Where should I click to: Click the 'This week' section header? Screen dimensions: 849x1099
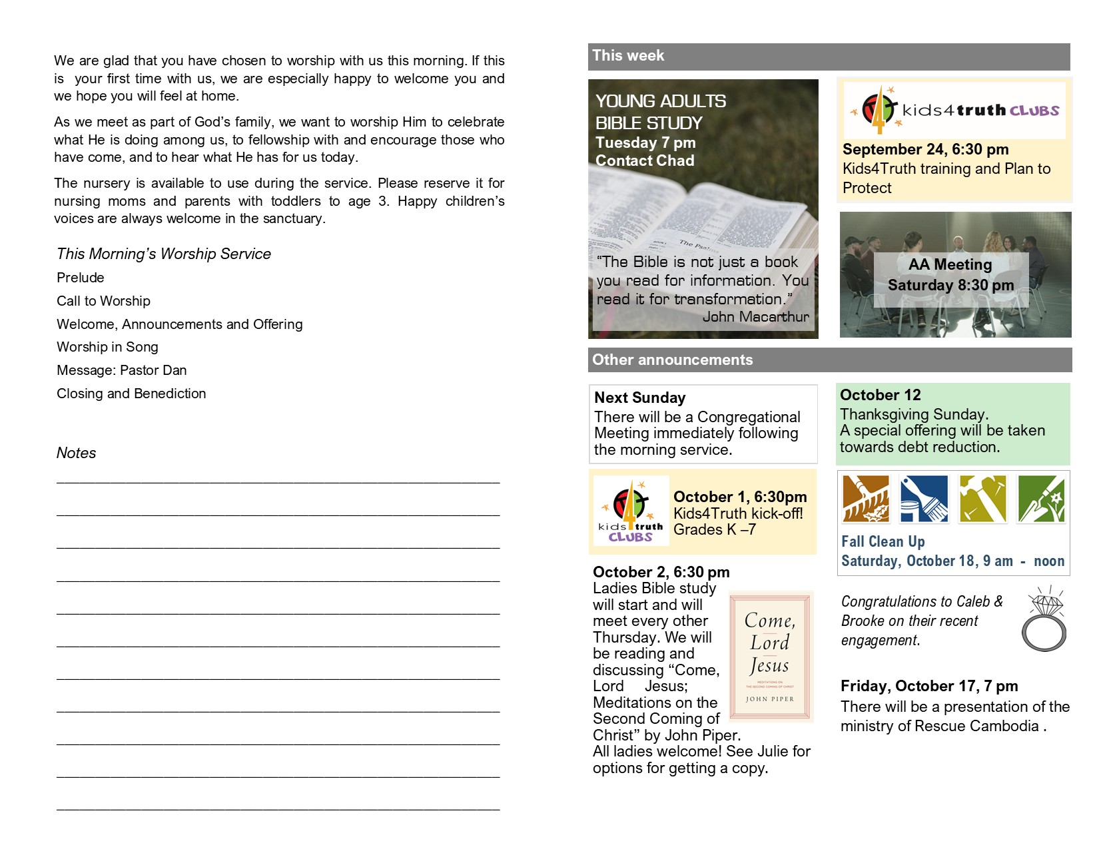point(628,56)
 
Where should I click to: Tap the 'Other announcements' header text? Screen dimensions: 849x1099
point(672,360)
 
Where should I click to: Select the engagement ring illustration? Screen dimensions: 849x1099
point(1044,619)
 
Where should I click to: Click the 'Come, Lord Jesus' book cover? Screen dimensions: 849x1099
point(771,657)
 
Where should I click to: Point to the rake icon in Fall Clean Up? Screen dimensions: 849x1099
point(865,499)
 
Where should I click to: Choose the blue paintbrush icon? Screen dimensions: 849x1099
point(923,499)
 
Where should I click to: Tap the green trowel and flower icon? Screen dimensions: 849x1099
point(1040,499)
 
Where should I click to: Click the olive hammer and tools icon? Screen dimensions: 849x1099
point(982,499)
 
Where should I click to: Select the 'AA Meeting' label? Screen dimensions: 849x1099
point(950,265)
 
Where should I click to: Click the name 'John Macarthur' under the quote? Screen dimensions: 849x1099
point(755,317)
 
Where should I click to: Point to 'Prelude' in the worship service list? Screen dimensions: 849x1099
point(81,278)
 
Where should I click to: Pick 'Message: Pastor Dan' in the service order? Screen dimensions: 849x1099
point(122,370)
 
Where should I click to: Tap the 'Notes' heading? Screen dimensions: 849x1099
point(76,453)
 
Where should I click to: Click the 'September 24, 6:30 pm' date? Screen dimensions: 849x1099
point(925,149)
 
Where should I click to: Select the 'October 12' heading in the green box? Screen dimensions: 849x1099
point(880,395)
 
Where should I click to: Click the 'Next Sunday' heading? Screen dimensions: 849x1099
point(639,398)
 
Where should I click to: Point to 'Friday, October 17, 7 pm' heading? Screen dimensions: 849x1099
point(928,686)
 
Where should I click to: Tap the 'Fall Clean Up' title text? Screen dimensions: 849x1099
point(883,541)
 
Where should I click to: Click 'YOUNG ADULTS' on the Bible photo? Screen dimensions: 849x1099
point(660,101)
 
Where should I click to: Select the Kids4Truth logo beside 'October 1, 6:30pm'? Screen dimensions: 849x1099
point(630,511)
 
